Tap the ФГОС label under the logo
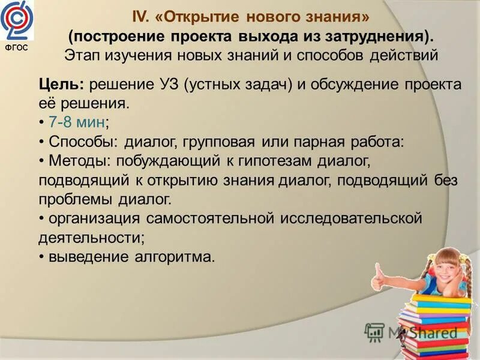[x=17, y=47]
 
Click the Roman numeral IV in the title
[x=140, y=16]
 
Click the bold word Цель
[x=58, y=85]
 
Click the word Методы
[x=76, y=161]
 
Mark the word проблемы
[x=77, y=199]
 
